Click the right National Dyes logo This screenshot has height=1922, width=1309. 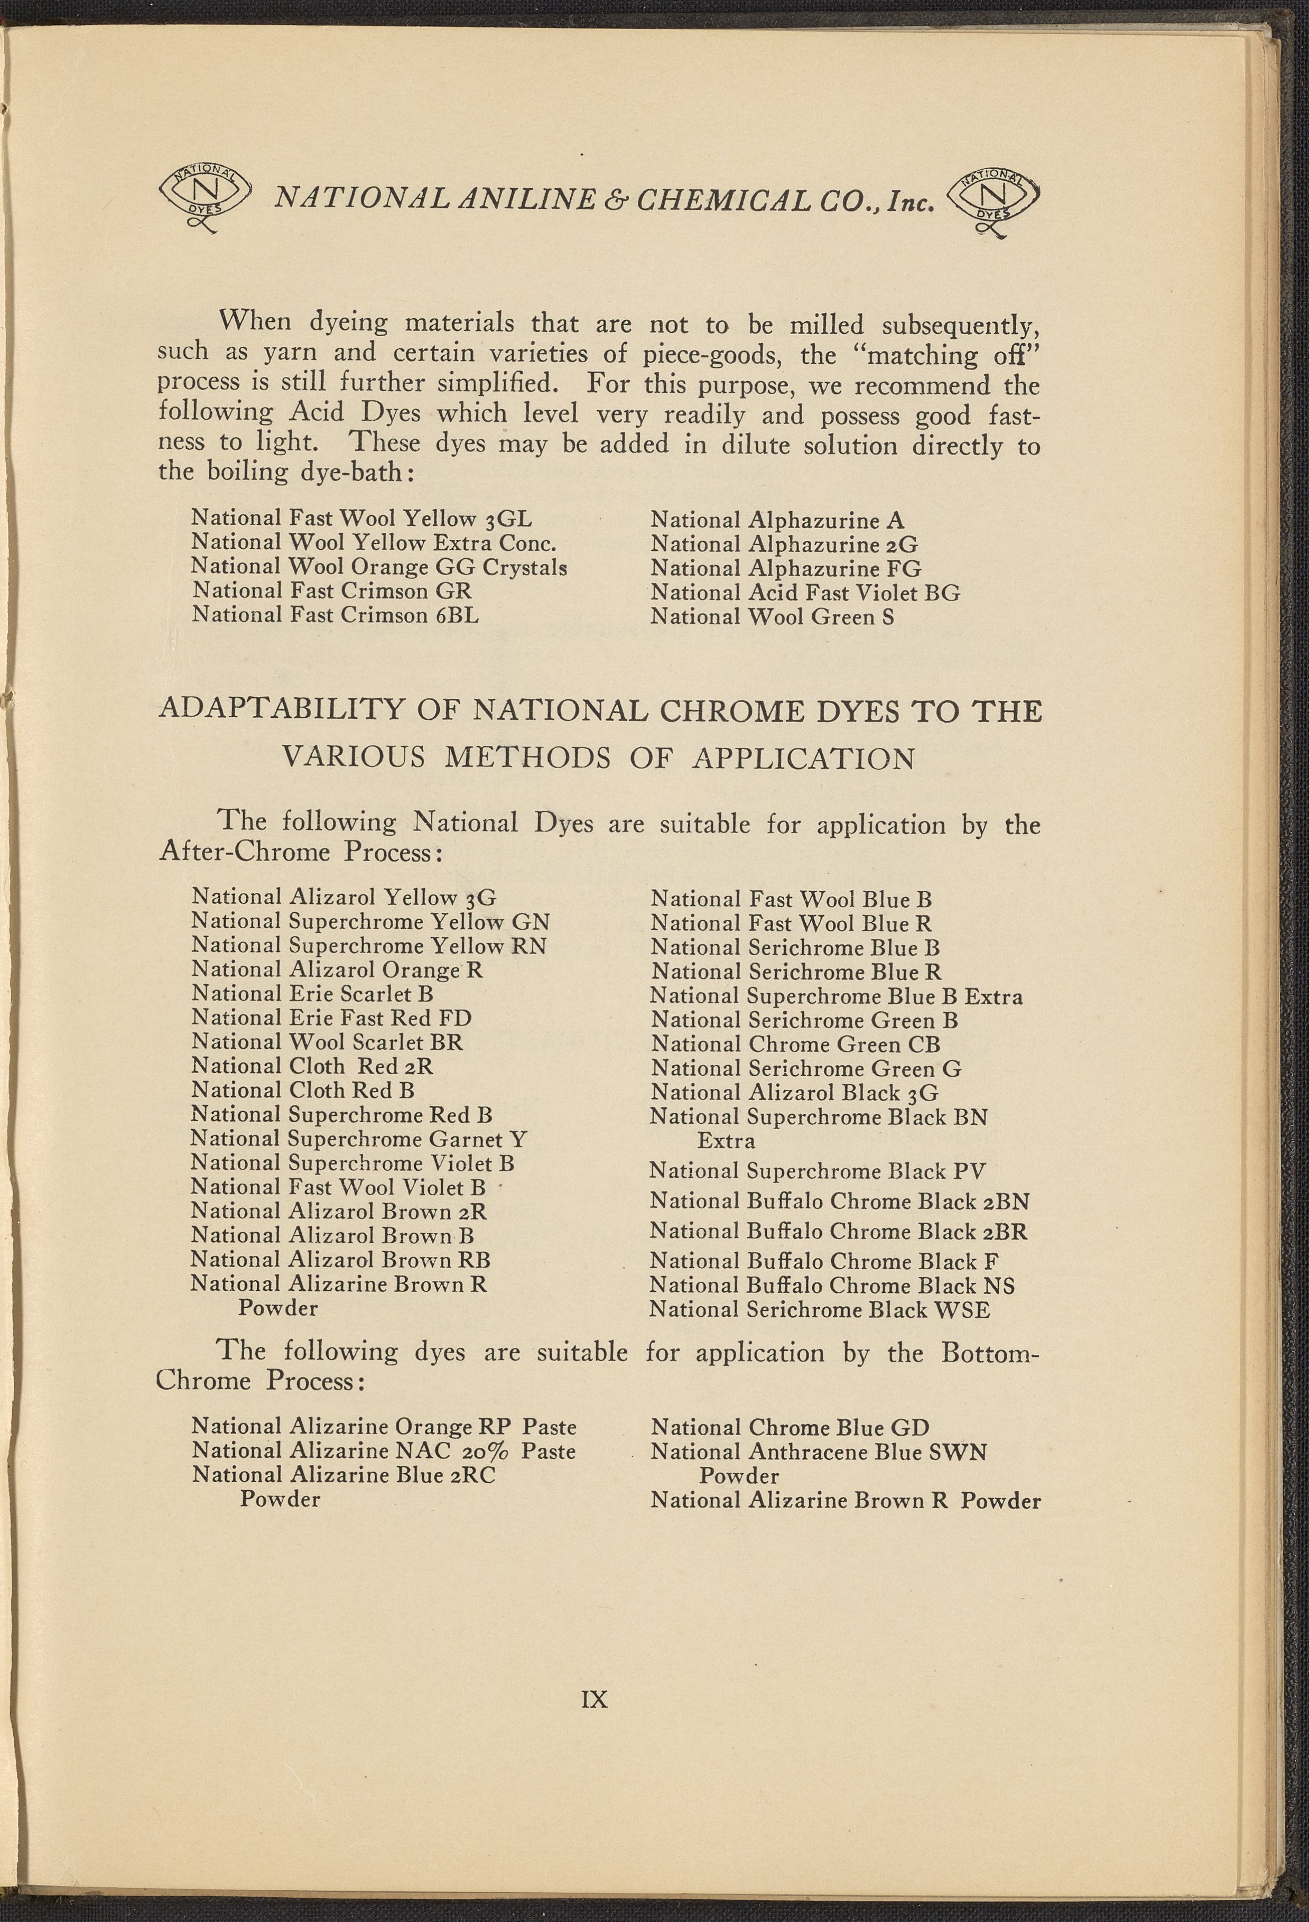[x=991, y=201]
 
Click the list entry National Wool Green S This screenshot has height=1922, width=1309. [x=772, y=617]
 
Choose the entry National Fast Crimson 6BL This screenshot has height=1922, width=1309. [x=335, y=615]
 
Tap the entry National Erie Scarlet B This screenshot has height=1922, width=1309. [x=312, y=993]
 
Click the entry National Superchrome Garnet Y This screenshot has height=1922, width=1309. [x=359, y=1139]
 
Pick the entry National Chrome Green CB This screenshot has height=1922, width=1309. [x=795, y=1045]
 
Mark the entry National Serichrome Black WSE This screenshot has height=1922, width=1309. [x=819, y=1309]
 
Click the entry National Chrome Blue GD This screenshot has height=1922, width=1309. [x=790, y=1427]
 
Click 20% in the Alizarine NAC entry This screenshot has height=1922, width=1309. [x=476, y=1452]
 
